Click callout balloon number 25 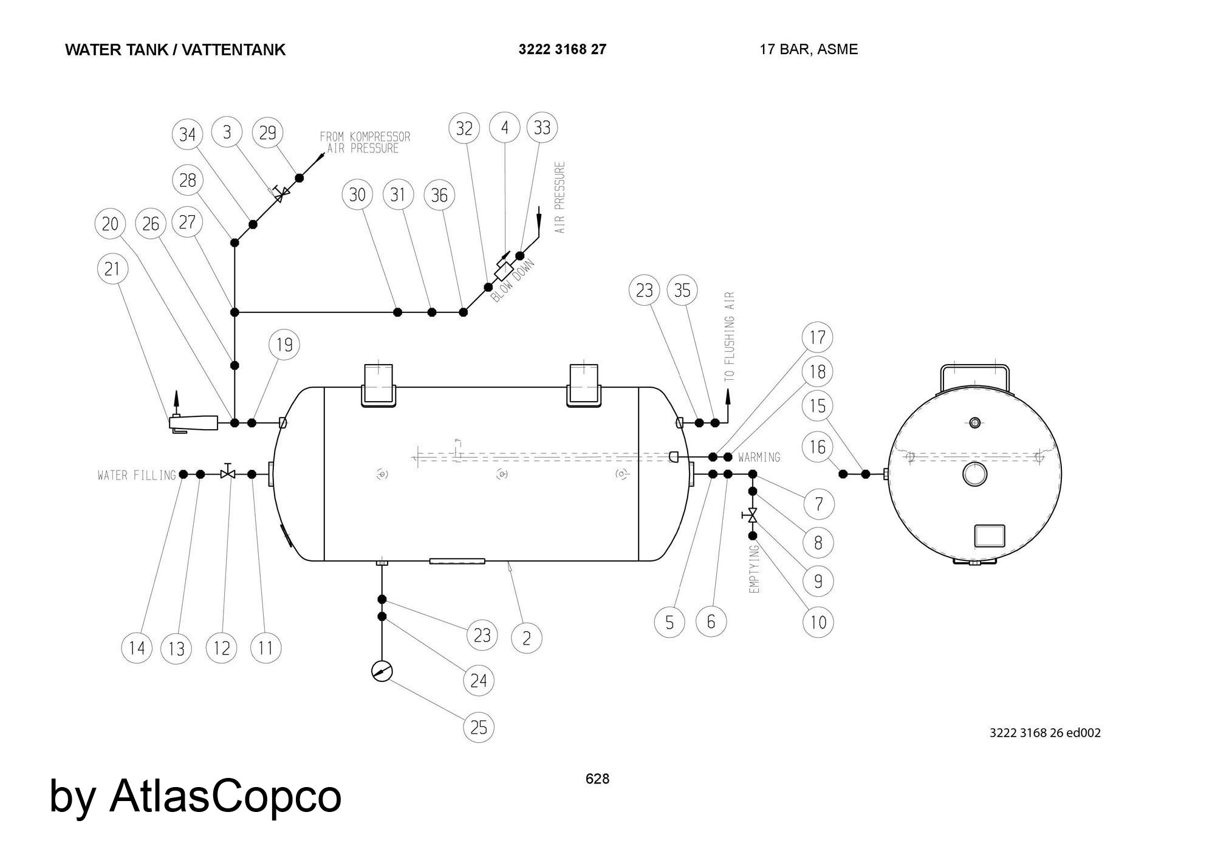pos(479,727)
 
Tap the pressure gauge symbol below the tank pos(382,672)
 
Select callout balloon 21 pos(112,269)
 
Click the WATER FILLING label pos(137,475)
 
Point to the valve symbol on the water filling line pos(228,473)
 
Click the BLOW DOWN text pos(513,281)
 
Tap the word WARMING pos(759,457)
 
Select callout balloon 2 pos(526,638)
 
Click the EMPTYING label pos(755,569)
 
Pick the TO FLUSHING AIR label pos(730,337)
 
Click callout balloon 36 pos(439,195)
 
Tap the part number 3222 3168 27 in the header pos(562,49)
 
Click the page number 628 pos(597,779)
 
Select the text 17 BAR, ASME pos(808,49)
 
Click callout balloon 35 pos(682,291)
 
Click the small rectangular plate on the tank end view pos(990,536)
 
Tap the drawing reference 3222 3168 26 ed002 pos(1045,732)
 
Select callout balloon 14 pos(137,648)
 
